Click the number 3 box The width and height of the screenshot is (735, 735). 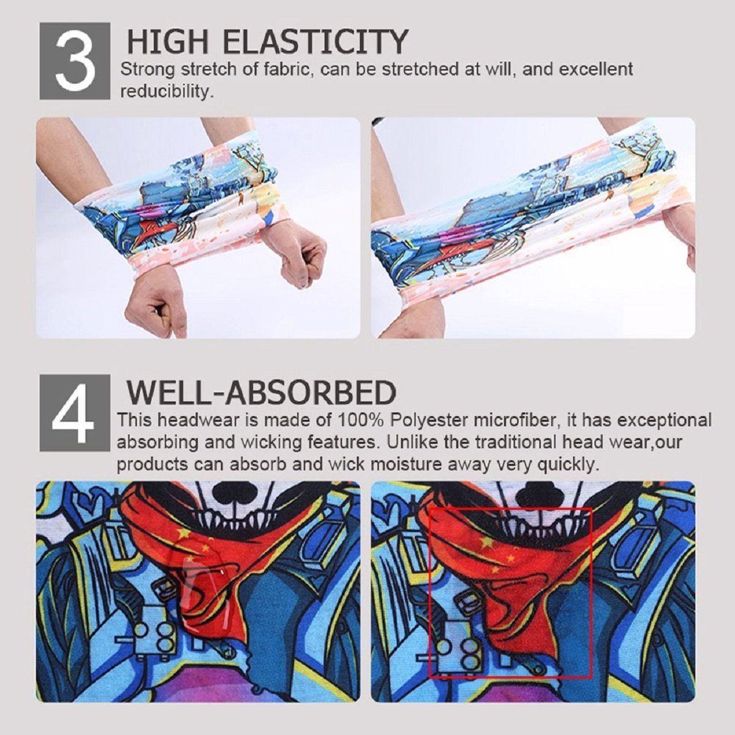click(x=75, y=61)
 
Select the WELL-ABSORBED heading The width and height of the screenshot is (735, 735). click(x=261, y=393)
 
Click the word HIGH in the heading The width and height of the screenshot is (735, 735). click(x=168, y=42)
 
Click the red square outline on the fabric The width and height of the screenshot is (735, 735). click(x=592, y=588)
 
